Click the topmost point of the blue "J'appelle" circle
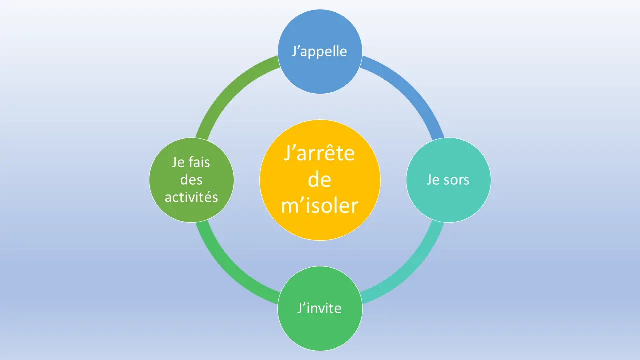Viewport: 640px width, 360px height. tap(320, 9)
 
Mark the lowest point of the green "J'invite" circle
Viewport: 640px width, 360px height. tap(320, 351)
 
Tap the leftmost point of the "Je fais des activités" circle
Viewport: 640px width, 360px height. tap(149, 180)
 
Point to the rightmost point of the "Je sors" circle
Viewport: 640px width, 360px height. tap(491, 180)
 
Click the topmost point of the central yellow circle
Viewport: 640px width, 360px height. tap(320, 120)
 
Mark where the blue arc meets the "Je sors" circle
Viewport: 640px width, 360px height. tap(438, 139)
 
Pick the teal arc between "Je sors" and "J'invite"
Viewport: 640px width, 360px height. tap(411, 271)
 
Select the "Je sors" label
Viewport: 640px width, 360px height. tap(448, 180)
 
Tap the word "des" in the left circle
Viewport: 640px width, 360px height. tap(191, 180)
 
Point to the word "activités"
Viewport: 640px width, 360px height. tap(191, 197)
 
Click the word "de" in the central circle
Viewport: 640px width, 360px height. tap(319, 179)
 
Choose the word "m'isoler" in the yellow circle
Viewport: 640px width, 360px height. tap(320, 205)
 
